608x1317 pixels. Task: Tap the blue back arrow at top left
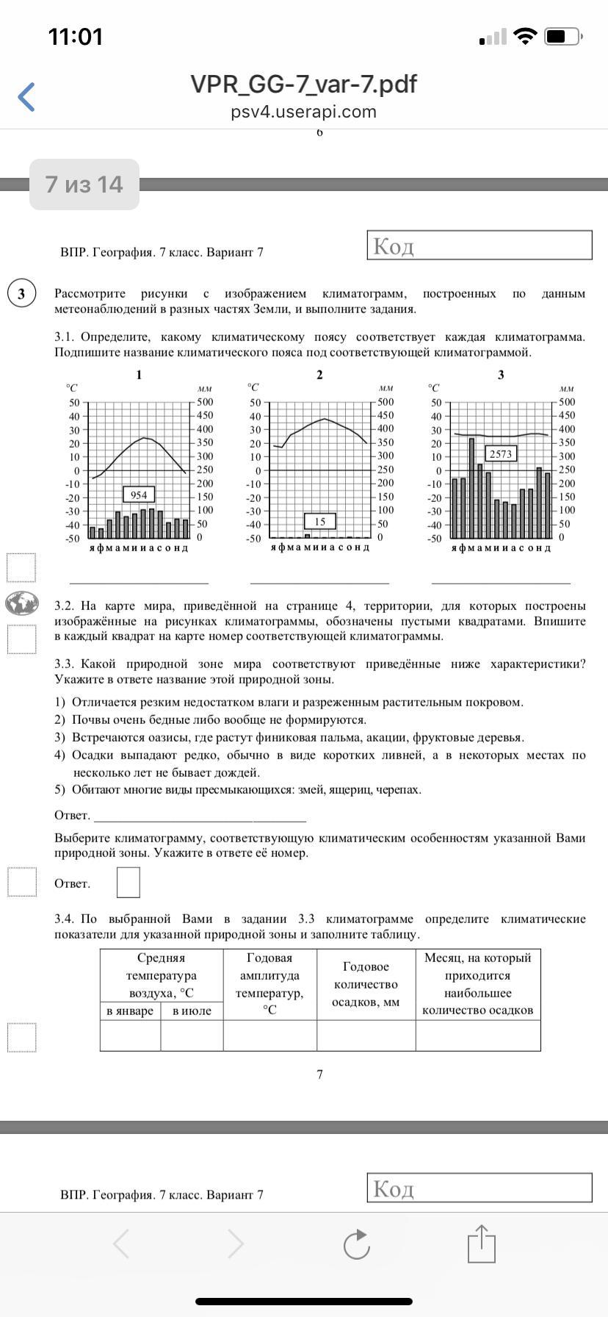(x=26, y=97)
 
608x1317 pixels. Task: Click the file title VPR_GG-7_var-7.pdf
(x=303, y=85)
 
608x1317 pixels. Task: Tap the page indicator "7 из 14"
(x=84, y=184)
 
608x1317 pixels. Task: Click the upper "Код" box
(x=479, y=245)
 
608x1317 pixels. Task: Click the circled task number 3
(x=21, y=294)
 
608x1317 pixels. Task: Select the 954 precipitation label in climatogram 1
(x=139, y=495)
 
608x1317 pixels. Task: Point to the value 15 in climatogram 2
(x=320, y=521)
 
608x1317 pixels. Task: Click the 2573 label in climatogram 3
(x=501, y=453)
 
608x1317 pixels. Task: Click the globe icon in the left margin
(x=22, y=603)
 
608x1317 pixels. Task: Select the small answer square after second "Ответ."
(x=129, y=883)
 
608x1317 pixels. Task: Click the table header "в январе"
(x=130, y=1011)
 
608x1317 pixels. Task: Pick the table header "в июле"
(x=192, y=1011)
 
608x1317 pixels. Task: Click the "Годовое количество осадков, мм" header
(x=366, y=984)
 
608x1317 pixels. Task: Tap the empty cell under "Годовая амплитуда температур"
(x=269, y=1036)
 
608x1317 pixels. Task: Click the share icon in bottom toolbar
(x=482, y=1244)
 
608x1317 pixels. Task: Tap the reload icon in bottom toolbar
(x=357, y=1244)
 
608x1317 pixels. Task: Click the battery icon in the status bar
(x=565, y=36)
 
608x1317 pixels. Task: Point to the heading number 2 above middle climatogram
(x=319, y=375)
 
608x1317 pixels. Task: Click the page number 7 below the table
(x=319, y=1074)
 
